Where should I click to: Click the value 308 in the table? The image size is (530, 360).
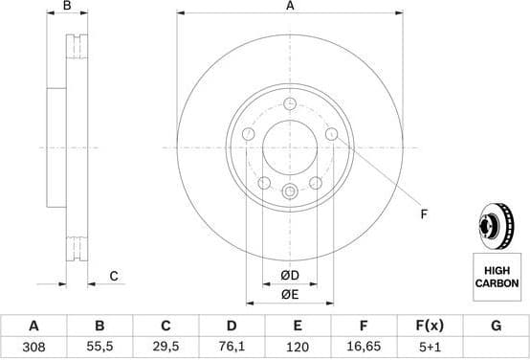pos(33,350)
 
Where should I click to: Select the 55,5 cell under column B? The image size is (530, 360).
pos(99,350)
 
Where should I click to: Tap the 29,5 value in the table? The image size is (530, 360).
pos(166,350)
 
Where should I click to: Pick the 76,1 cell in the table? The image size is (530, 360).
pos(231,350)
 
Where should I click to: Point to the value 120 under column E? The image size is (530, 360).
pos(297,350)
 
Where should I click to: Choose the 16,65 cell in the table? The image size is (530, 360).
pos(363,350)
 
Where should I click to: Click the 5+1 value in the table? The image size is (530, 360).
pos(429,350)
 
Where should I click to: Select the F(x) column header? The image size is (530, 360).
pos(429,326)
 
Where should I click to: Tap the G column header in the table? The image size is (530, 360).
pos(496,326)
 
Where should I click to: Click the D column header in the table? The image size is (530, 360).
pos(231,326)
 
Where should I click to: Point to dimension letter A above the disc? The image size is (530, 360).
pos(290,7)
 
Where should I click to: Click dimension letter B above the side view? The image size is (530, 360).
pos(66,7)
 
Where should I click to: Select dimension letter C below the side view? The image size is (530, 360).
pos(113,277)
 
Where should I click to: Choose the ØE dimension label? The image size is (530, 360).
pos(289,296)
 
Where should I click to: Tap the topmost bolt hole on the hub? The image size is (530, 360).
pos(290,104)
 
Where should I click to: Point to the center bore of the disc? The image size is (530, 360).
pos(290,147)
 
